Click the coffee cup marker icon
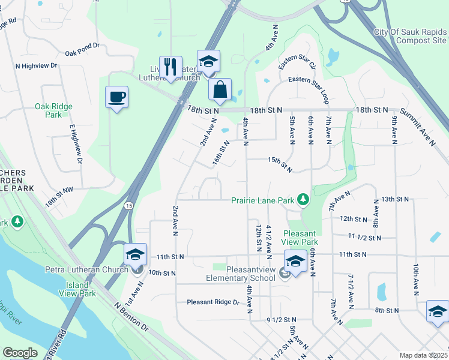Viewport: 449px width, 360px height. pyautogui.click(x=116, y=97)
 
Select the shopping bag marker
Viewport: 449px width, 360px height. pyautogui.click(x=220, y=90)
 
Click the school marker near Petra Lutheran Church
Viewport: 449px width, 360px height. pyautogui.click(x=135, y=255)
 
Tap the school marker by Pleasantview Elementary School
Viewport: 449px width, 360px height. pyautogui.click(x=295, y=262)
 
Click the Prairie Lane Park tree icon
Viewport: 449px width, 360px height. pyautogui.click(x=304, y=199)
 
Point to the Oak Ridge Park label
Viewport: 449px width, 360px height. pyautogui.click(x=53, y=110)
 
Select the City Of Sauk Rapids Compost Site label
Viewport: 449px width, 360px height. pyautogui.click(x=410, y=36)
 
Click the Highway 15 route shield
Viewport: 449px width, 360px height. pyautogui.click(x=129, y=205)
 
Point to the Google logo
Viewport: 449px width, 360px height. pyautogui.click(x=20, y=353)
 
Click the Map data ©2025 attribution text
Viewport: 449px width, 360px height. pyautogui.click(x=423, y=355)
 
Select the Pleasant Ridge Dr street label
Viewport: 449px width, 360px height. pyautogui.click(x=212, y=302)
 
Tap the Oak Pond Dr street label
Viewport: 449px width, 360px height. pyautogui.click(x=83, y=53)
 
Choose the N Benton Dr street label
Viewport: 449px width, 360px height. pyautogui.click(x=130, y=317)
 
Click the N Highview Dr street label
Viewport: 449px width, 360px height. pyautogui.click(x=36, y=65)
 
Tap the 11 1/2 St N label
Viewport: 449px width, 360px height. pyautogui.click(x=364, y=238)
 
